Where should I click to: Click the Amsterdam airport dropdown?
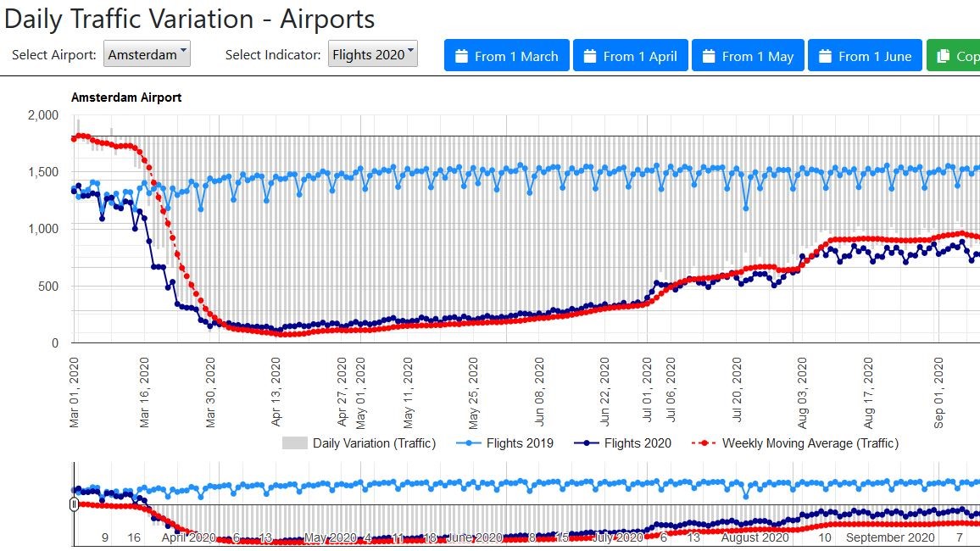pos(148,55)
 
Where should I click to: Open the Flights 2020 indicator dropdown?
pos(373,55)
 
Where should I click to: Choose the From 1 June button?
pos(864,56)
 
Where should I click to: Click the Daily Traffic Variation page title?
pos(189,19)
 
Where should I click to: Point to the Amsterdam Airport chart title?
pos(126,97)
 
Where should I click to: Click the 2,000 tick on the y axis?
pos(42,115)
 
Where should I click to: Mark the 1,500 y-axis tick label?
pos(42,172)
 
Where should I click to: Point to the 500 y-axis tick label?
pos(47,287)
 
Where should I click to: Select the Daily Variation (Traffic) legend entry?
pos(359,442)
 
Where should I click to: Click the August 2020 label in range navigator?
pos(755,537)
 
